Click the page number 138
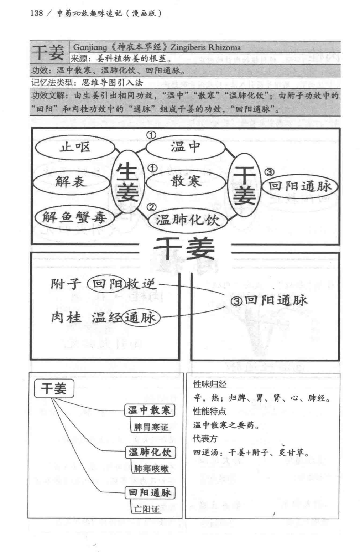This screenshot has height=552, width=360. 36,13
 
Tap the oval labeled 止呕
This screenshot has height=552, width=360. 75,148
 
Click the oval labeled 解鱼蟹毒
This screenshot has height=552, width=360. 75,217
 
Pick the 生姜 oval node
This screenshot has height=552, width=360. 127,182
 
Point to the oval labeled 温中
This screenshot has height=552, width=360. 186,148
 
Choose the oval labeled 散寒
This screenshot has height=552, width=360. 186,182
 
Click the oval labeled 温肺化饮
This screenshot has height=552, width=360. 188,220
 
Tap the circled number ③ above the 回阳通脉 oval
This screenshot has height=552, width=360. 269,172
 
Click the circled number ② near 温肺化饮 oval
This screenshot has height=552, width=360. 151,206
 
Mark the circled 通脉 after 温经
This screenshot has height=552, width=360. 141,318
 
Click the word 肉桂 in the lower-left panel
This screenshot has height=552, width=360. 66,318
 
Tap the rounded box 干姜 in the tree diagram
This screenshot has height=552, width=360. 54,389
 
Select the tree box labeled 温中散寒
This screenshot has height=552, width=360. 150,410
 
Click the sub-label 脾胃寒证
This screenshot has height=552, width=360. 151,427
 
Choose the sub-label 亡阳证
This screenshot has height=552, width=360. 147,509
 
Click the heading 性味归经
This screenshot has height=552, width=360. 210,384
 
